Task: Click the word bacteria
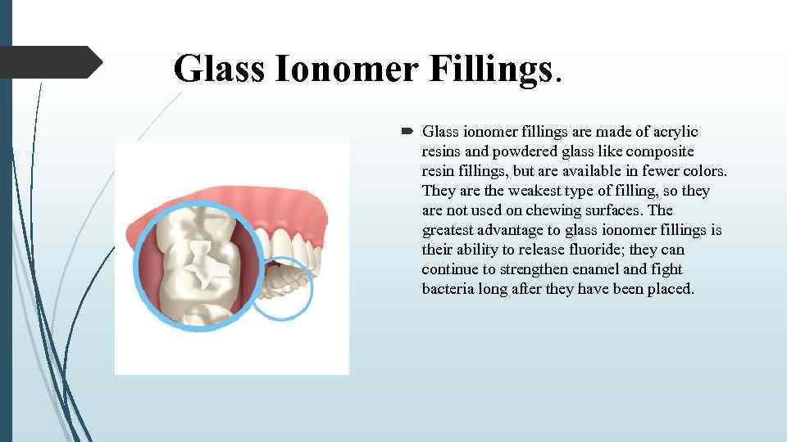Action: tap(448, 289)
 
